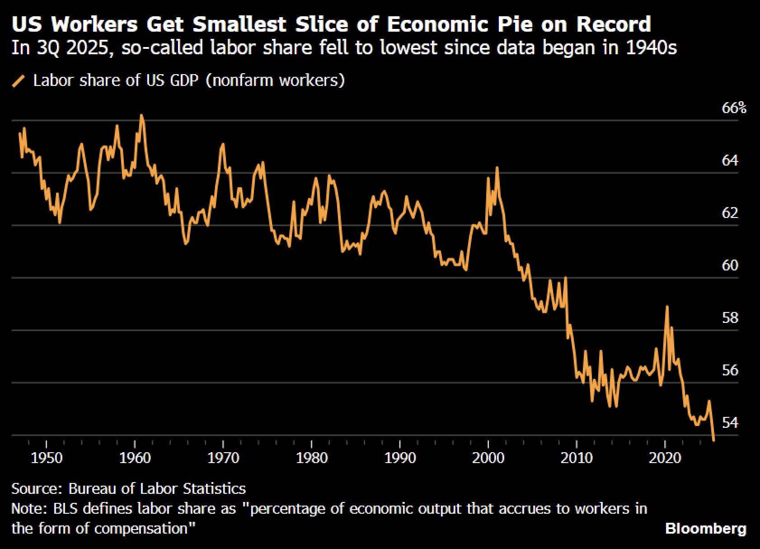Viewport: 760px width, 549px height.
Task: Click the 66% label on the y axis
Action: (734, 108)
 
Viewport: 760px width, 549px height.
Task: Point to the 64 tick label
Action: (730, 161)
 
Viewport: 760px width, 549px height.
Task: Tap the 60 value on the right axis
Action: (730, 265)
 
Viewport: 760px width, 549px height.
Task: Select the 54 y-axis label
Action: (730, 423)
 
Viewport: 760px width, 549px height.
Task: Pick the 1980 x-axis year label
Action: (312, 458)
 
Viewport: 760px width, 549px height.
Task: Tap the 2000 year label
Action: (488, 458)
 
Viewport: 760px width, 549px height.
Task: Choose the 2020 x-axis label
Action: (665, 458)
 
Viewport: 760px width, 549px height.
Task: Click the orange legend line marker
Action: (19, 81)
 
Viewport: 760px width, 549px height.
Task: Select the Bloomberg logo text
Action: (706, 529)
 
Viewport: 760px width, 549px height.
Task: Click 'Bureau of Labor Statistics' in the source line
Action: (157, 489)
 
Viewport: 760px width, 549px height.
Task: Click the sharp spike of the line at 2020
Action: (667, 307)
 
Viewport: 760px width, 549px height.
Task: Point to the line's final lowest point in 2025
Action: (713, 440)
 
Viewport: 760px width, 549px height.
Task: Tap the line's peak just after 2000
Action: (497, 168)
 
